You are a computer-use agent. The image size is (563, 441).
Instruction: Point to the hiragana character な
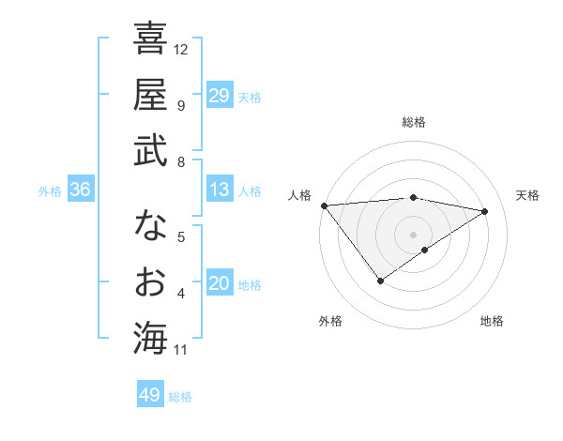pyautogui.click(x=150, y=225)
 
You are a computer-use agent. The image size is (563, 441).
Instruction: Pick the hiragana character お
pyautogui.click(x=150, y=281)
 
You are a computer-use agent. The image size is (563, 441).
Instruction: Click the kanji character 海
pyautogui.click(x=150, y=338)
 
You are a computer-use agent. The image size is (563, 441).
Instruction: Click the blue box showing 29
pyautogui.click(x=219, y=96)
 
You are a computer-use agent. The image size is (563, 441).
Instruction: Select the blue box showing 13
pyautogui.click(x=219, y=190)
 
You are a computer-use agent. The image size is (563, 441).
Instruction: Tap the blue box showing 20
pyautogui.click(x=219, y=283)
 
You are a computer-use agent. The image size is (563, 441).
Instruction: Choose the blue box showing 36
pyautogui.click(x=81, y=190)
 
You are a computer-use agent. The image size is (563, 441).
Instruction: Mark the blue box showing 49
pyautogui.click(x=149, y=395)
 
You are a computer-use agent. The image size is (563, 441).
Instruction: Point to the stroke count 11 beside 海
pyautogui.click(x=181, y=350)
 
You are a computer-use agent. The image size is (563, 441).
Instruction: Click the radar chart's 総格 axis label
pyautogui.click(x=413, y=122)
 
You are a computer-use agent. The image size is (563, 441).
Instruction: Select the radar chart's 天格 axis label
pyautogui.click(x=527, y=195)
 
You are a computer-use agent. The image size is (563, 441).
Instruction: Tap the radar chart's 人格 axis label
pyautogui.click(x=299, y=195)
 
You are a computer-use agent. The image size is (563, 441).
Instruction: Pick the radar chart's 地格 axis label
pyautogui.click(x=492, y=321)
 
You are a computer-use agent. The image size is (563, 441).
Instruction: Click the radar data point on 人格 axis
pyautogui.click(x=324, y=205)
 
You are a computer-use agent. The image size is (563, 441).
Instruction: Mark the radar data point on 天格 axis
pyautogui.click(x=485, y=211)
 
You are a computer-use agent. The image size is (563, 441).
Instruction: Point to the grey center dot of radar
pyautogui.click(x=413, y=234)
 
